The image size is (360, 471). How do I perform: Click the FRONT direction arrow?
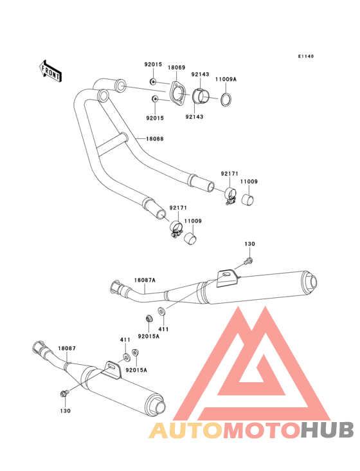(x=50, y=71)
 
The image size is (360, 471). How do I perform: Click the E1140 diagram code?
(x=306, y=56)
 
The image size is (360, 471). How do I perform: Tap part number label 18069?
(x=176, y=68)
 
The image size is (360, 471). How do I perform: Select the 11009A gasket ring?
(x=226, y=99)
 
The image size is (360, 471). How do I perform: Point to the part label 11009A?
(x=226, y=79)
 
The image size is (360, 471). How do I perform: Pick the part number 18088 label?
(x=155, y=139)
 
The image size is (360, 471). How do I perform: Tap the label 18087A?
(x=145, y=281)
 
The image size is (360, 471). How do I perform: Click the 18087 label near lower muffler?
(x=67, y=349)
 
